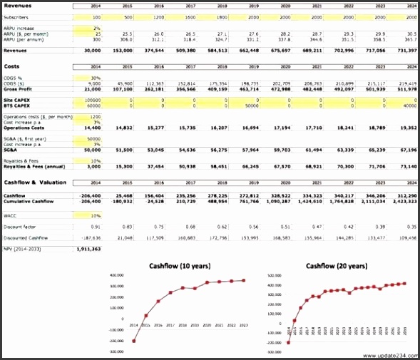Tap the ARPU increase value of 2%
[x=96, y=27]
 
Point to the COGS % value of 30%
[x=96, y=78]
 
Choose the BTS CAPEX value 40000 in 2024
[x=407, y=106]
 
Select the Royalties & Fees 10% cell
[x=96, y=160]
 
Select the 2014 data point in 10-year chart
[x=133, y=341]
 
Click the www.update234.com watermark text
[x=388, y=355]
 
